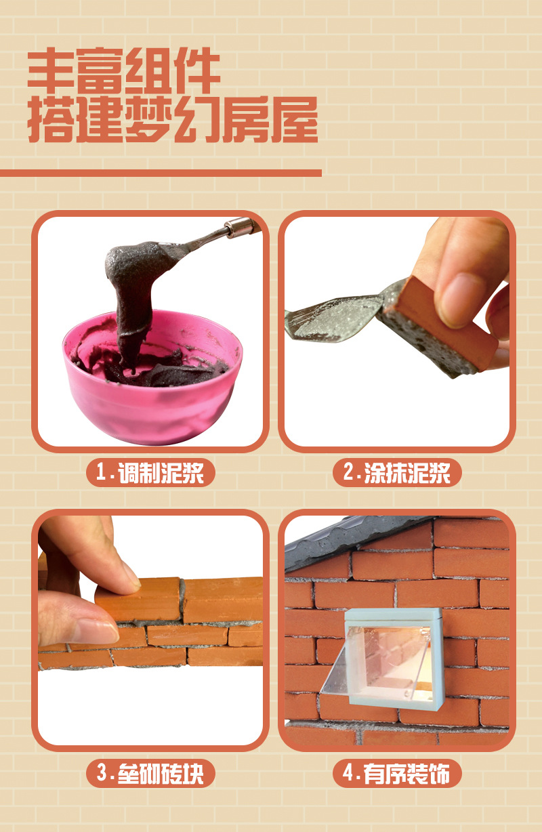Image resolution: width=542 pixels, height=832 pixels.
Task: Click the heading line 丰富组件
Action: coord(124,70)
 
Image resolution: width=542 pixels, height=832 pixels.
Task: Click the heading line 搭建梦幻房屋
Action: coord(173,119)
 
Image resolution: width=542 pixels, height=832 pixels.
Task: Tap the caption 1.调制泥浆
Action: coord(150,472)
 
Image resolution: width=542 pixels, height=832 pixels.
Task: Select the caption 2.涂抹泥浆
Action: coord(397,472)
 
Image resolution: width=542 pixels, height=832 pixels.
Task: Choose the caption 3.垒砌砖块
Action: coord(150,773)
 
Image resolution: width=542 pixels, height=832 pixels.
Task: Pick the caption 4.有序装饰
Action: coord(396,773)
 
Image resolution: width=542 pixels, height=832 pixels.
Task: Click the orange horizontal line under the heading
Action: coord(161,173)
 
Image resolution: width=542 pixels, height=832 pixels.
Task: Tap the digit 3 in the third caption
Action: coord(102,773)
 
